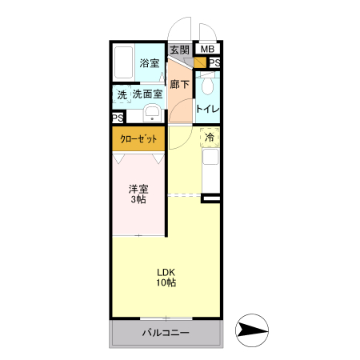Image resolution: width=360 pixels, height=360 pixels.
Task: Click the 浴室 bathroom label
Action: click(x=150, y=63)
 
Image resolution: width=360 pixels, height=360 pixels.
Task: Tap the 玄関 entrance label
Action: click(x=180, y=50)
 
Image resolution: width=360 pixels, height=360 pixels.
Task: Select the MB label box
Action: click(x=207, y=50)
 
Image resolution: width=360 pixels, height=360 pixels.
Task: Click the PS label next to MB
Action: click(x=215, y=63)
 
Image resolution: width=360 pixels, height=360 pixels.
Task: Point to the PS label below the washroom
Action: click(x=118, y=118)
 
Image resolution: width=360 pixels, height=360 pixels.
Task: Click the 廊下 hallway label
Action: click(x=180, y=83)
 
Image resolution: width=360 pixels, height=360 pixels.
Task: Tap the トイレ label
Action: click(x=208, y=109)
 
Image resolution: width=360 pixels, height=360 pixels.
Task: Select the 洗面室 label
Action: click(x=148, y=94)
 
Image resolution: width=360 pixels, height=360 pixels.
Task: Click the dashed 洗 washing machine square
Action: click(x=122, y=94)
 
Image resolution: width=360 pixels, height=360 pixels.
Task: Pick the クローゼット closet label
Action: click(x=138, y=139)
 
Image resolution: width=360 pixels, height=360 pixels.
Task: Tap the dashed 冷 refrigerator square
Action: click(x=210, y=138)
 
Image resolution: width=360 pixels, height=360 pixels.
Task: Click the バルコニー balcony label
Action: click(x=166, y=333)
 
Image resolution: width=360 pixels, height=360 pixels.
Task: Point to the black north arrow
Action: click(x=253, y=330)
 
